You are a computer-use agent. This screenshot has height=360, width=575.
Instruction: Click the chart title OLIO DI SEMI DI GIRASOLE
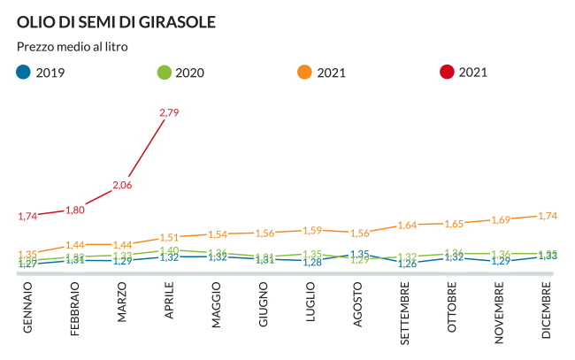pyautogui.click(x=116, y=20)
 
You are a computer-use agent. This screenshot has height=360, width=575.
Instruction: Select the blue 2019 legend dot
pyautogui.click(x=24, y=73)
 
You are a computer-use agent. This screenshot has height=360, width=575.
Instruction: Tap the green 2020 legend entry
pyautogui.click(x=180, y=73)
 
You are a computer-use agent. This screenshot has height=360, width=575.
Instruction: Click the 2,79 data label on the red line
pyautogui.click(x=169, y=112)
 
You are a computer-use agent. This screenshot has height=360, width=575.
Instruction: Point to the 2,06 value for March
pyautogui.click(x=122, y=185)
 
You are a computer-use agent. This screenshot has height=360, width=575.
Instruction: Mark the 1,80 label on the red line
pyautogui.click(x=75, y=210)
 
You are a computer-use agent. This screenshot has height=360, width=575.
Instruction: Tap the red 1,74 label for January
pyautogui.click(x=27, y=216)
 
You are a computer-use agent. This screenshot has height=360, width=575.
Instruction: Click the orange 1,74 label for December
pyautogui.click(x=548, y=216)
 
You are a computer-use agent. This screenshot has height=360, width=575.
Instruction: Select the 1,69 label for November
pyautogui.click(x=501, y=219)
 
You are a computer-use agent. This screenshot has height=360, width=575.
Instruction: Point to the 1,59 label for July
pyautogui.click(x=311, y=231)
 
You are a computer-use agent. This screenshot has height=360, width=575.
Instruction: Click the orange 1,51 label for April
pyautogui.click(x=169, y=237)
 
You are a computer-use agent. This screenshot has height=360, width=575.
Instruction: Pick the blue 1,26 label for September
pyautogui.click(x=406, y=264)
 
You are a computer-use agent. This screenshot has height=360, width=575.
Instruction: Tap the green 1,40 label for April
pyautogui.click(x=169, y=250)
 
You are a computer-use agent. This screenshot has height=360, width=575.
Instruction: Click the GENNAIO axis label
pyautogui.click(x=27, y=307)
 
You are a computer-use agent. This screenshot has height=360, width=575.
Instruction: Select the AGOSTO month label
pyautogui.click(x=358, y=305)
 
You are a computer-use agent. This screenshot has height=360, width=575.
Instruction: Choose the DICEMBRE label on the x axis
pyautogui.click(x=548, y=310)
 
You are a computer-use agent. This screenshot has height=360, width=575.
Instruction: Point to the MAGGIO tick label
pyautogui.click(x=217, y=305)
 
